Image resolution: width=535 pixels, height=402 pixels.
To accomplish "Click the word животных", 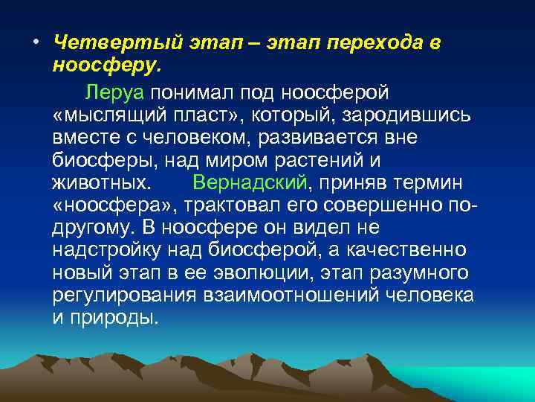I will point(100,182).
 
